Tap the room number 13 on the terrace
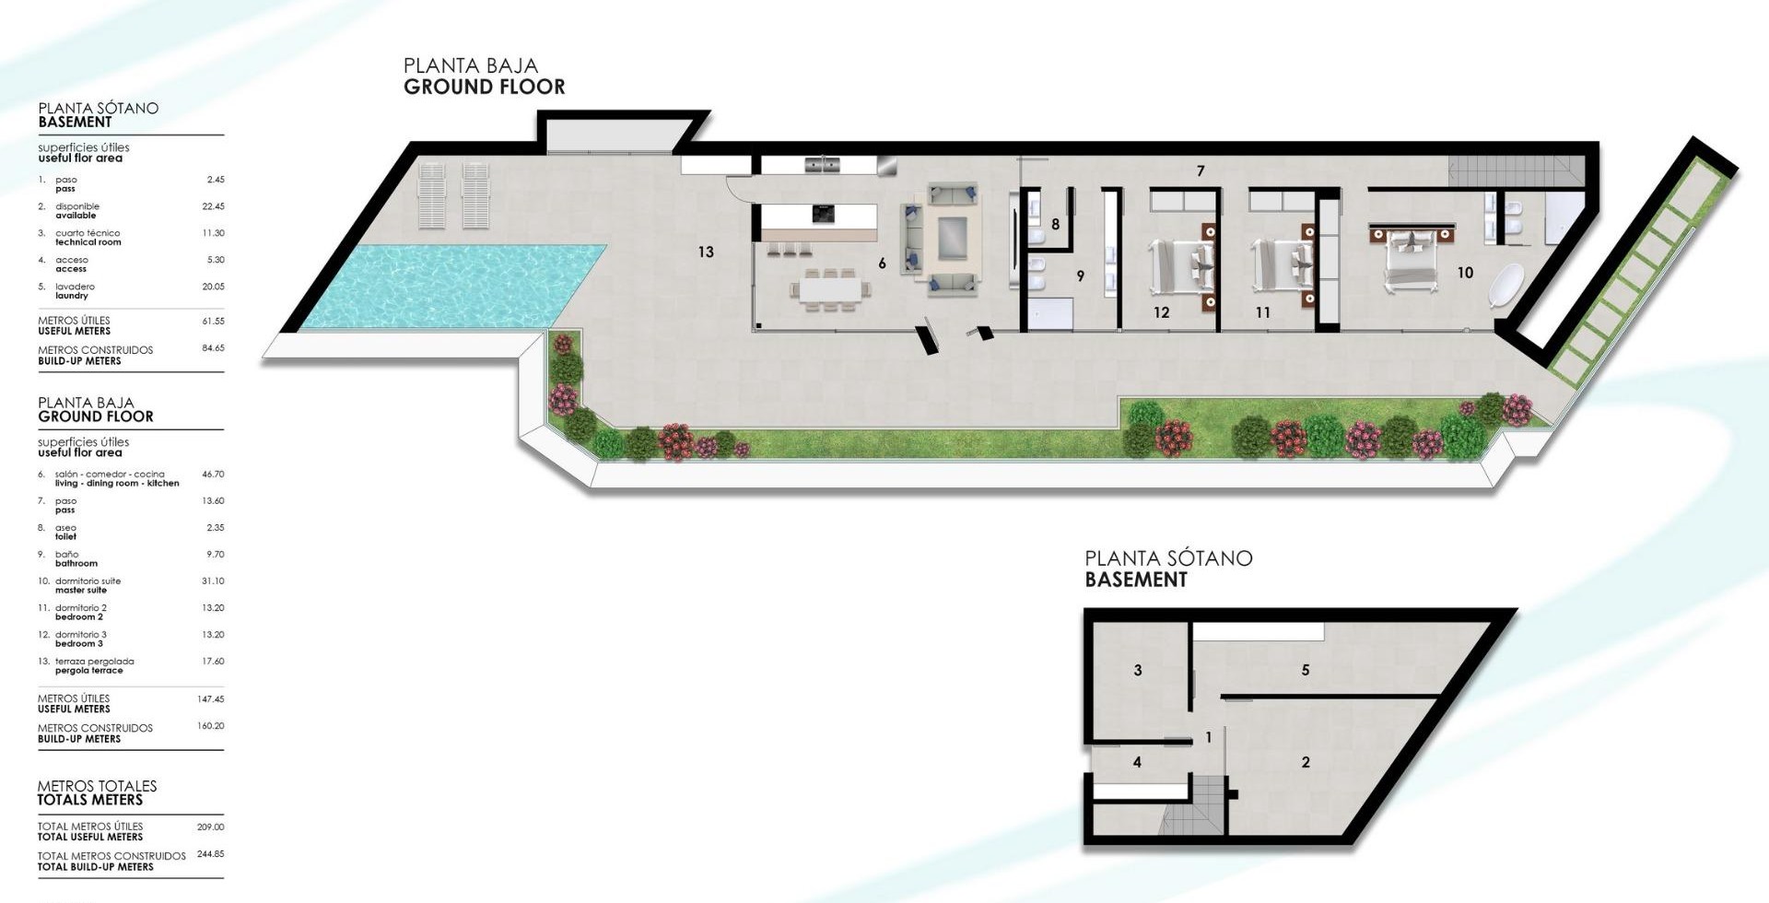click(706, 252)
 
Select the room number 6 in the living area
click(882, 264)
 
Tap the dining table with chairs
click(830, 289)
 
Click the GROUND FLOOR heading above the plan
click(484, 88)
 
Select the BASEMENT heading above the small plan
click(1136, 580)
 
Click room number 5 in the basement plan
click(1306, 670)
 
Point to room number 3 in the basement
click(1138, 670)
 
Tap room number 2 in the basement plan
click(1306, 762)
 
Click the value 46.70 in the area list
click(213, 475)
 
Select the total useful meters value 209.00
click(211, 827)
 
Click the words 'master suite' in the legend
click(81, 591)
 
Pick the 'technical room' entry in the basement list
click(88, 242)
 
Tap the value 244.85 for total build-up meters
click(211, 854)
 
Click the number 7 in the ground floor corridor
click(1201, 170)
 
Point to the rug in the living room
click(954, 239)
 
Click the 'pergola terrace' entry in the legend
click(89, 671)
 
